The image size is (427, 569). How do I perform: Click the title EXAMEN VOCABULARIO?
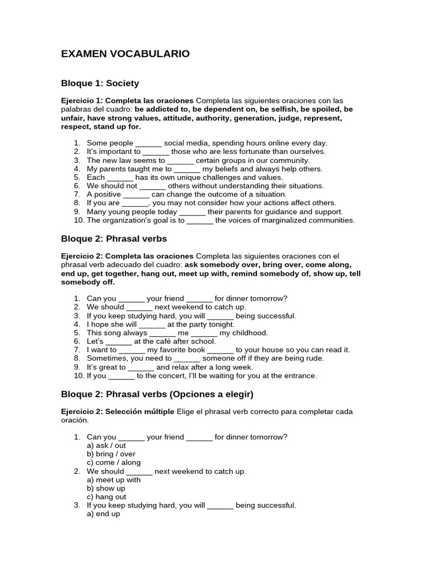(x=125, y=54)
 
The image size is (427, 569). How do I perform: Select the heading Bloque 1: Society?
(x=100, y=83)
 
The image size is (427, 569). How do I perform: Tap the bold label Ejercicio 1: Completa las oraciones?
(x=127, y=101)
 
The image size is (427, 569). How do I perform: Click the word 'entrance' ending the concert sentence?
(x=301, y=376)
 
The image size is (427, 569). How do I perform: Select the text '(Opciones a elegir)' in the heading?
(x=210, y=394)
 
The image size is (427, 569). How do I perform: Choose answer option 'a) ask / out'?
(x=107, y=446)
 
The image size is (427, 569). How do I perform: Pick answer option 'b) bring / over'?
(x=111, y=454)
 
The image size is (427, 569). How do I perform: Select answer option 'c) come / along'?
(x=114, y=462)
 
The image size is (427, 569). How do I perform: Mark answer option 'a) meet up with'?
(x=114, y=480)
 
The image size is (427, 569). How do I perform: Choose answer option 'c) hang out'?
(x=107, y=497)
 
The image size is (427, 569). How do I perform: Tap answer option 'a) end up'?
(x=104, y=514)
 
